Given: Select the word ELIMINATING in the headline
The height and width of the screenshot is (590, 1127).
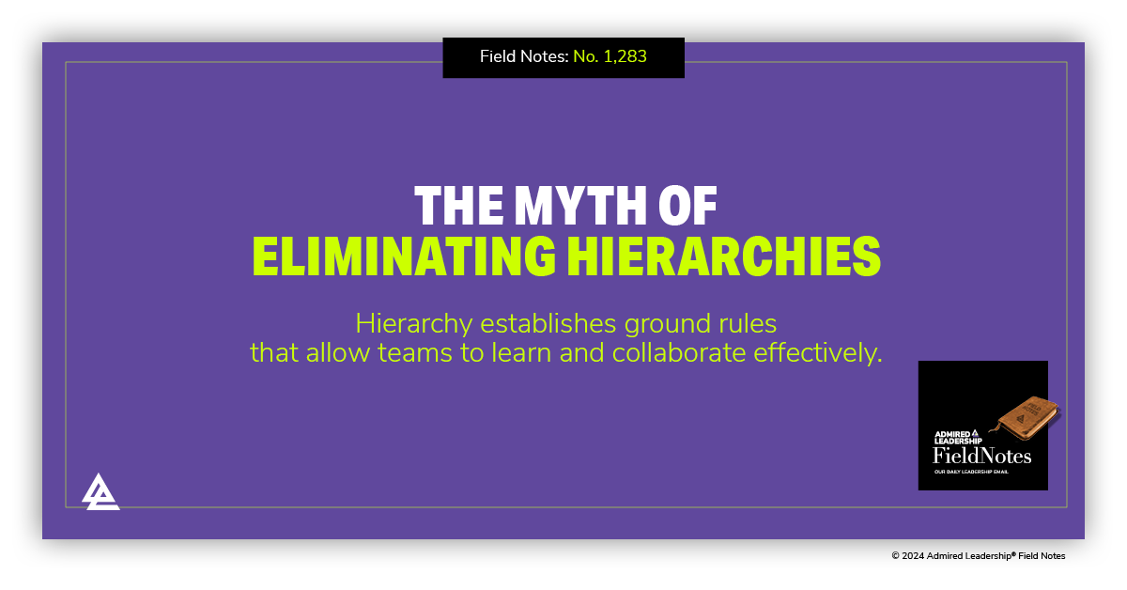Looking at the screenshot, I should [x=401, y=256].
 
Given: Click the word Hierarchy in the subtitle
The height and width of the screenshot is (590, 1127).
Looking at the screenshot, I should [x=414, y=324].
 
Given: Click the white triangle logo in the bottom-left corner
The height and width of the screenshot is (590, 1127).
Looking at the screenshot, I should [x=100, y=491].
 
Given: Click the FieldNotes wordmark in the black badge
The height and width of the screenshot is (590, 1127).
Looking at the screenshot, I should [x=981, y=457].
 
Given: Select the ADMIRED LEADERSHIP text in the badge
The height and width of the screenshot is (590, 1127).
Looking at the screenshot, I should [x=957, y=438].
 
